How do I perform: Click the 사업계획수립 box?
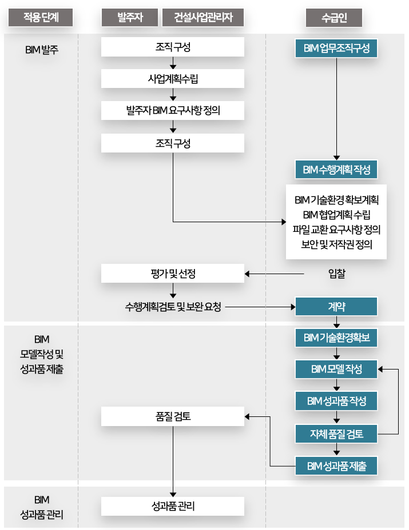pyautogui.click(x=173, y=79)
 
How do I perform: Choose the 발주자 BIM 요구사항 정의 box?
pyautogui.click(x=173, y=111)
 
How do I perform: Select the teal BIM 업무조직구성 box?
pyautogui.click(x=337, y=48)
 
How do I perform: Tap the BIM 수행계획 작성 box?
pyautogui.click(x=337, y=170)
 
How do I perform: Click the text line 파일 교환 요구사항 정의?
pyautogui.click(x=336, y=230)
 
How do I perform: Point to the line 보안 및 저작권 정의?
pyautogui.click(x=336, y=246)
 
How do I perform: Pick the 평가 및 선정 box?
pyautogui.click(x=173, y=274)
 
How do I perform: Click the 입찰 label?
pyautogui.click(x=337, y=274)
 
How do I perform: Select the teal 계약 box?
pyautogui.click(x=337, y=307)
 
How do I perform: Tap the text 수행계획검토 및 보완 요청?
pyautogui.click(x=173, y=307)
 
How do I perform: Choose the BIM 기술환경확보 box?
pyautogui.click(x=337, y=338)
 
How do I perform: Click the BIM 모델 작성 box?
pyautogui.click(x=337, y=369)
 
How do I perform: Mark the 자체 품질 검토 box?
pyautogui.click(x=337, y=433)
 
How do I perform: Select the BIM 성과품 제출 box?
pyautogui.click(x=337, y=466)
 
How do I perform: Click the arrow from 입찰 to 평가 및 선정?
pyautogui.click(x=275, y=274)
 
